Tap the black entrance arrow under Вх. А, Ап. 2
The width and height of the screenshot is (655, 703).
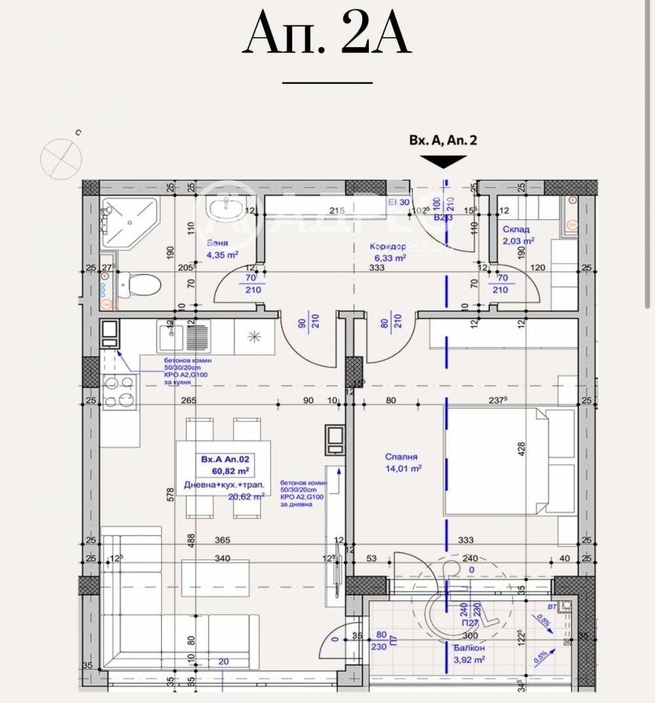point(443,162)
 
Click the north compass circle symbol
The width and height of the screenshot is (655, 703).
point(61,158)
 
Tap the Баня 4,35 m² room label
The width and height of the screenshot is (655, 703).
point(219,249)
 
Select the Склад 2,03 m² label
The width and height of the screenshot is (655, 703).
point(518,235)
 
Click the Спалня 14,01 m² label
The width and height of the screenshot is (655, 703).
point(402,463)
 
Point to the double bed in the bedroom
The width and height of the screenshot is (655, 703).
point(496,461)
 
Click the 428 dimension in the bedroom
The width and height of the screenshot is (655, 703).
point(522,448)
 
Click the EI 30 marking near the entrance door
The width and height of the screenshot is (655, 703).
point(399,202)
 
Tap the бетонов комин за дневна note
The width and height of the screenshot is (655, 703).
point(302,493)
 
